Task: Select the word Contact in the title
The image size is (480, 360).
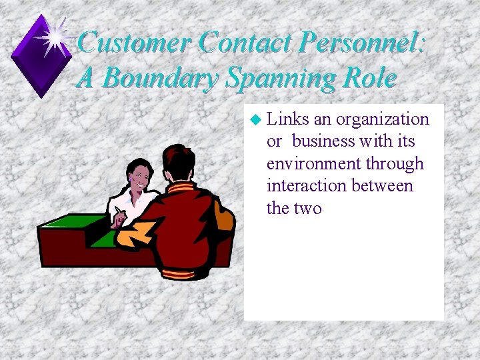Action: (247, 43)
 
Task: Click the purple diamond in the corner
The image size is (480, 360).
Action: (41, 57)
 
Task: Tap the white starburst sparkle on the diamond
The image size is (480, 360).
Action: (55, 35)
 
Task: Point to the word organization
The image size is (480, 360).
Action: (383, 119)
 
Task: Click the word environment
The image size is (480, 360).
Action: (313, 164)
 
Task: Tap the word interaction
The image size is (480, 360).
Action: (305, 186)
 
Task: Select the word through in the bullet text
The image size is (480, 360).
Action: (393, 164)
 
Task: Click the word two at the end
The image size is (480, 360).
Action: (307, 209)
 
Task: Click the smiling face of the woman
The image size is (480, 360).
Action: (141, 176)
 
